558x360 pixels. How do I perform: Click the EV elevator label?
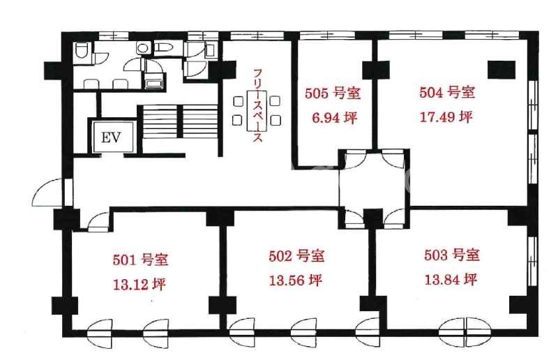click(x=111, y=137)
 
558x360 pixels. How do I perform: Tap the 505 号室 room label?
click(x=333, y=93)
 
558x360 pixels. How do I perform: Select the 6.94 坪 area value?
click(x=335, y=117)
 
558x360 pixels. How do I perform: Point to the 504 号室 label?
click(x=447, y=92)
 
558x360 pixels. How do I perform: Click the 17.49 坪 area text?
click(x=446, y=117)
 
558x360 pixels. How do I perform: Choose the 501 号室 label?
click(x=141, y=260)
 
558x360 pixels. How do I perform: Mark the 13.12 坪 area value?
click(x=139, y=285)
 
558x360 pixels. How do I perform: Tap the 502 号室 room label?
click(x=296, y=255)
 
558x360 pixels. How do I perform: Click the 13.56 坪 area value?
click(x=296, y=280)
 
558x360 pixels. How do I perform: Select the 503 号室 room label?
click(x=452, y=255)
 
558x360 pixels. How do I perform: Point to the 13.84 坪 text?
click(x=451, y=280)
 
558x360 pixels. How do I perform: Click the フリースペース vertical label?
click(x=258, y=106)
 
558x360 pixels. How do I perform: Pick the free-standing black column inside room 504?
click(x=502, y=70)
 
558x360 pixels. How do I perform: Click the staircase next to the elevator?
click(x=180, y=122)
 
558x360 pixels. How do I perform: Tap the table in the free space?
click(x=255, y=110)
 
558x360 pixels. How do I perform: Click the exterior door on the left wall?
click(x=48, y=193)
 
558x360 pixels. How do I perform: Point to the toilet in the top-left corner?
click(x=82, y=50)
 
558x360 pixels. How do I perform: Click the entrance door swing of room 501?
click(x=99, y=222)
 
